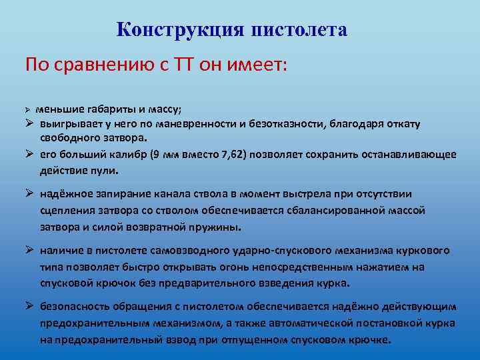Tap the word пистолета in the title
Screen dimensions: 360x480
coord(299,30)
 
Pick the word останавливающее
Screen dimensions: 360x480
coord(407,155)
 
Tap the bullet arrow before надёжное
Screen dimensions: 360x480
coord(29,194)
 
